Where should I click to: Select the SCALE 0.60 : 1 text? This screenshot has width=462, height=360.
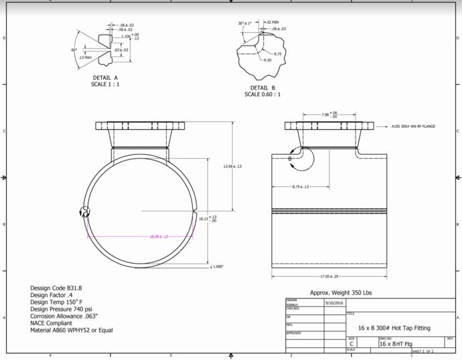tap(262, 94)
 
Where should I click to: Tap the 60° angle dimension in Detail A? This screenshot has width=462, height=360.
tap(74, 50)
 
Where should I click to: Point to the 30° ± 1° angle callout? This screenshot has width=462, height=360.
tap(245, 23)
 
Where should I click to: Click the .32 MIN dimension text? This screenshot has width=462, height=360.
tap(273, 22)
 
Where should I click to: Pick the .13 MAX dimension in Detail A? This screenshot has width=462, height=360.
tap(84, 58)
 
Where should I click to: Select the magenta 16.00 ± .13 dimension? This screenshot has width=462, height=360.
tap(159, 236)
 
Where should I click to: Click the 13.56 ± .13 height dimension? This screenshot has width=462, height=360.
tap(232, 167)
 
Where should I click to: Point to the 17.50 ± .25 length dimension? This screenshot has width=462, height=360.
tap(329, 276)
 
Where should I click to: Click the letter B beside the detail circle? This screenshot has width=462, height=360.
tap(290, 159)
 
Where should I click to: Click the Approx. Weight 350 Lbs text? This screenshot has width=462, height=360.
tap(340, 293)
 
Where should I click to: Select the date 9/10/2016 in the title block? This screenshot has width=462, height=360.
tap(333, 303)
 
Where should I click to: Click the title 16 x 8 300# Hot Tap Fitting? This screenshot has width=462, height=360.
tap(394, 328)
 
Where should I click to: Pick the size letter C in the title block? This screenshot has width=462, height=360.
tap(352, 344)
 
